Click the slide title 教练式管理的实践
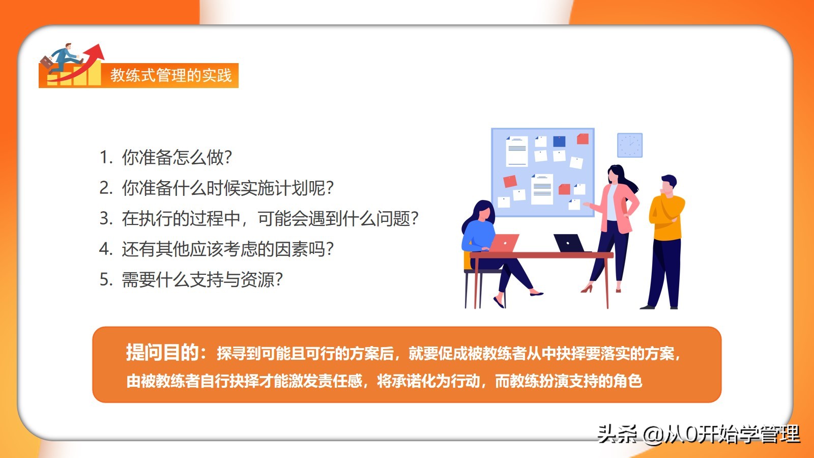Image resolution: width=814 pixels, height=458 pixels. click(171, 75)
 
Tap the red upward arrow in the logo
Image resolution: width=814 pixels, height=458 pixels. click(83, 64)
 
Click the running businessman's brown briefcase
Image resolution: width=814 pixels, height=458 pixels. click(46, 63)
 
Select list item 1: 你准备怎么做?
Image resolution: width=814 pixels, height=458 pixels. click(166, 157)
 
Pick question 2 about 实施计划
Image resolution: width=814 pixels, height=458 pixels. click(217, 188)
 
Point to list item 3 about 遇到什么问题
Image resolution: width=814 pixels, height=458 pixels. click(259, 218)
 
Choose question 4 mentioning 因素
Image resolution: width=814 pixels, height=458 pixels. click(217, 249)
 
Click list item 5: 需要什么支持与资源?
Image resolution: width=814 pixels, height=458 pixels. click(191, 279)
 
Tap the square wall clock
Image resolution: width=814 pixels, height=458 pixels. click(630, 145)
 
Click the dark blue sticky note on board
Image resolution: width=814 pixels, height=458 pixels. click(559, 141)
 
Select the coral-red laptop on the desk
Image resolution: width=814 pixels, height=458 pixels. click(504, 243)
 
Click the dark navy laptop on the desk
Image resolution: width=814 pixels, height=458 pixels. click(569, 243)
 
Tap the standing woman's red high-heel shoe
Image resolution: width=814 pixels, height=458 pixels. click(587, 289)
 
